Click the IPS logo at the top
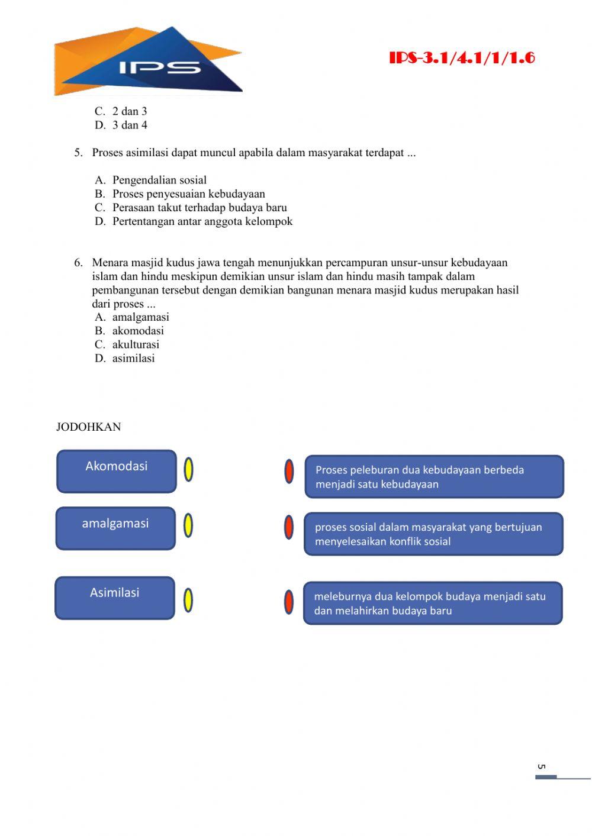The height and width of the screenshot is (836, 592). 148,62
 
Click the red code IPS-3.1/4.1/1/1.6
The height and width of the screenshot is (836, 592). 462,58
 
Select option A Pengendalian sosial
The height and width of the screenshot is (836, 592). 159,180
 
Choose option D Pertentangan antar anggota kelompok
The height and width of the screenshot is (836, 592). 202,221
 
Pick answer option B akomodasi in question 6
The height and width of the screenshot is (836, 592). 137,331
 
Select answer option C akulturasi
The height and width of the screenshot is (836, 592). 135,344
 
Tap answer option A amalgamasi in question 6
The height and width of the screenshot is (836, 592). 140,317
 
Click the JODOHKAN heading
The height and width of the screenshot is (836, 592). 88,427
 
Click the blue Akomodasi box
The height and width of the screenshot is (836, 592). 117,472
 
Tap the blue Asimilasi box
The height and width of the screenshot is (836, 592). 115,598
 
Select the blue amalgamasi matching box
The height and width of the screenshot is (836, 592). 115,528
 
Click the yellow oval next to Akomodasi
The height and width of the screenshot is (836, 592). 188,470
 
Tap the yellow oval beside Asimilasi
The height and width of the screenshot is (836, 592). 188,601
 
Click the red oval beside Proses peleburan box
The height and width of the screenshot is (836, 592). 289,472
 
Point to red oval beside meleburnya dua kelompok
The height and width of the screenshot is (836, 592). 288,602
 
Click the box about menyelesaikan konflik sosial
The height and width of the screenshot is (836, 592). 433,534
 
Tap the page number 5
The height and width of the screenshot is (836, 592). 541,767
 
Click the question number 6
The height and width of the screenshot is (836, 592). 78,263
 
